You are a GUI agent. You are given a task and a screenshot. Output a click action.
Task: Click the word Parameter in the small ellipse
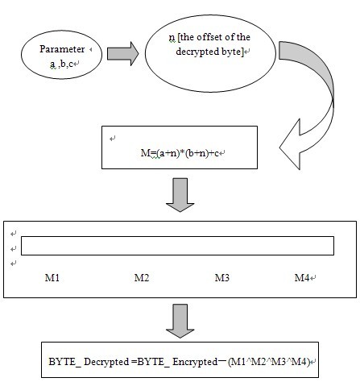tap(62, 49)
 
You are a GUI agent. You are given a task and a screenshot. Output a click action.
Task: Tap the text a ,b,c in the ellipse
tap(61, 64)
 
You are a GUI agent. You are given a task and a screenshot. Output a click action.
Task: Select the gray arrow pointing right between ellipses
tap(122, 54)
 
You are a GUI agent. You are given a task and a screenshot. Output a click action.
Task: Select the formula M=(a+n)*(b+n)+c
tap(180, 153)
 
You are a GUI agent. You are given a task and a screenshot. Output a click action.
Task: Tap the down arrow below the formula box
tap(180, 195)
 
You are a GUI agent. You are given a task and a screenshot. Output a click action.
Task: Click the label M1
tap(52, 277)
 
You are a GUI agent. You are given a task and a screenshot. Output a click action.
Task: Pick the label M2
tap(142, 277)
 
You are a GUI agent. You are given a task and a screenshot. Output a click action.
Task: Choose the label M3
tap(222, 277)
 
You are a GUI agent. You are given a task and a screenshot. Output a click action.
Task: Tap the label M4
tap(302, 277)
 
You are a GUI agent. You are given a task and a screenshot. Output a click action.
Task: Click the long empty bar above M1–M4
tap(177, 246)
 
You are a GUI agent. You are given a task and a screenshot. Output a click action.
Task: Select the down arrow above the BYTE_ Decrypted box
tap(180, 321)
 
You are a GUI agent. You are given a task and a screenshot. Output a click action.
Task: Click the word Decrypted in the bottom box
tap(106, 362)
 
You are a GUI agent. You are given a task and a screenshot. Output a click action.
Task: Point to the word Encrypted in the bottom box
tap(195, 362)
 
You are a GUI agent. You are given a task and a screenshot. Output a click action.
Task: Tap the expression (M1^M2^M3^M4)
tap(269, 362)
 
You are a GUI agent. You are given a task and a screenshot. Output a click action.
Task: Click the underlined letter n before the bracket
tap(172, 38)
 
